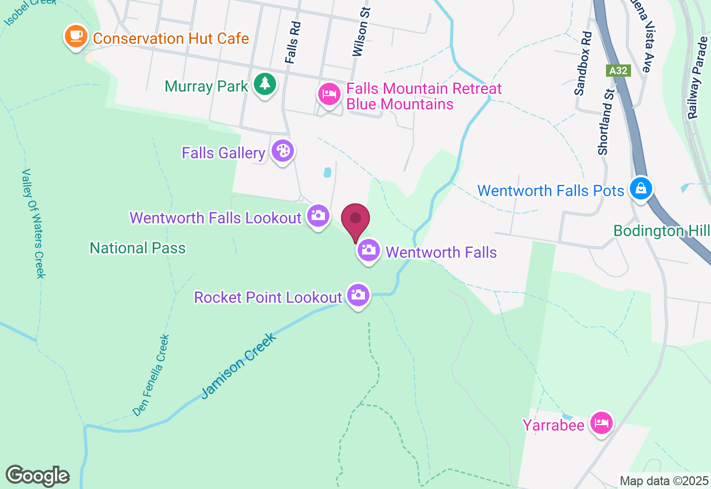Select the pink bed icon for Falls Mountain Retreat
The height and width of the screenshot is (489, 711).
tap(329, 94)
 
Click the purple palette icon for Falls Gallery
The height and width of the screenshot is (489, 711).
tap(283, 151)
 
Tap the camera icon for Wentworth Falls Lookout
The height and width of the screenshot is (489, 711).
tap(318, 216)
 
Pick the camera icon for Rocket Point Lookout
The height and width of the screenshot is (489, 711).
tap(358, 295)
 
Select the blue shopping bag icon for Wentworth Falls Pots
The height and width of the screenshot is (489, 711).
tap(641, 188)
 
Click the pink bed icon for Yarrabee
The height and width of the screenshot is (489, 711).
tap(601, 423)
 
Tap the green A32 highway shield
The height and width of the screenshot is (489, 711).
tap(618, 71)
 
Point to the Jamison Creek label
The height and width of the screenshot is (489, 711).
tap(239, 366)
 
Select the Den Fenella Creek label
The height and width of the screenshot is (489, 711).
tap(151, 375)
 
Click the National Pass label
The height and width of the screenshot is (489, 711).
tap(138, 248)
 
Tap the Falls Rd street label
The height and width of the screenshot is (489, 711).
tap(293, 42)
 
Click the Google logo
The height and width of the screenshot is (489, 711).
tap(37, 476)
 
